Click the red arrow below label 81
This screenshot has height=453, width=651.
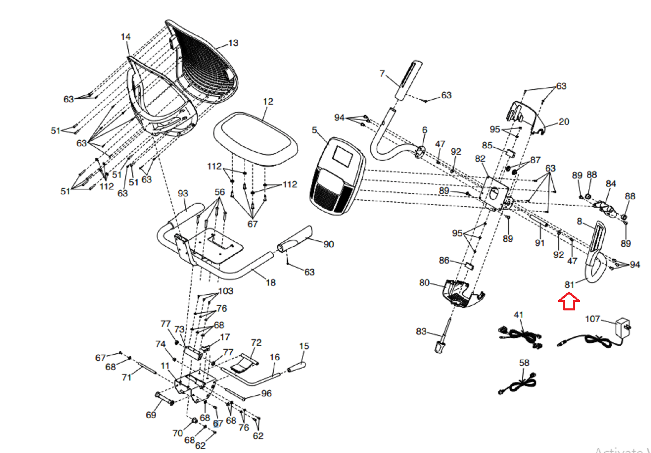pos(568,302)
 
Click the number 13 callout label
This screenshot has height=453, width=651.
pos(233,43)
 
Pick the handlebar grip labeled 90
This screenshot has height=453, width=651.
pos(295,240)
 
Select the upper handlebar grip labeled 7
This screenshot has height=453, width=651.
pos(409,80)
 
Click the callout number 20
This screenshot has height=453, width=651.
pos(564,121)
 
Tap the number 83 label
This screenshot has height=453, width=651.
pos(421,331)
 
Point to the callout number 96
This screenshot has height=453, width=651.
pos(267,393)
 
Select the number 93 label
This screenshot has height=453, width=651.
pos(183,193)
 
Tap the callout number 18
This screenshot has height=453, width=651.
pos(271,282)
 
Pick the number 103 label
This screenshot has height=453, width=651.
pos(226,291)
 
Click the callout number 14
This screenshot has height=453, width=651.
pos(126,37)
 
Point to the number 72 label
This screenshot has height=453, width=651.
pos(256,343)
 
